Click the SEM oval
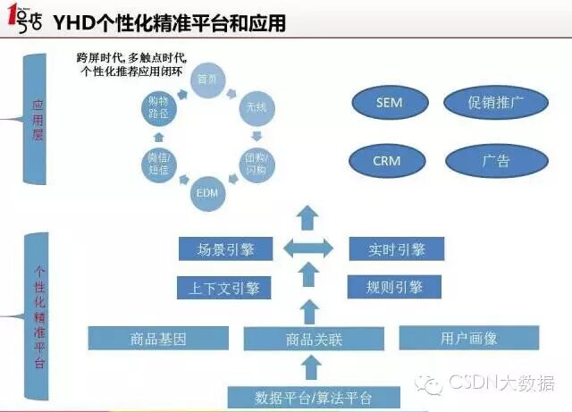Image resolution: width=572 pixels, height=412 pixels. pyautogui.click(x=389, y=103)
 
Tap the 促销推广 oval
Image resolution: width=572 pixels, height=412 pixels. pyautogui.click(x=495, y=103)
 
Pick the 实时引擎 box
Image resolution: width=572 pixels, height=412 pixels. pyautogui.click(x=395, y=249)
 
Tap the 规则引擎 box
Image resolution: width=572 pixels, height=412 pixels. pyautogui.click(x=395, y=287)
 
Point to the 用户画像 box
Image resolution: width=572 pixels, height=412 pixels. pyautogui.click(x=468, y=339)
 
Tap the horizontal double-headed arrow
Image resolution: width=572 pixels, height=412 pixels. pyautogui.click(x=307, y=248)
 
